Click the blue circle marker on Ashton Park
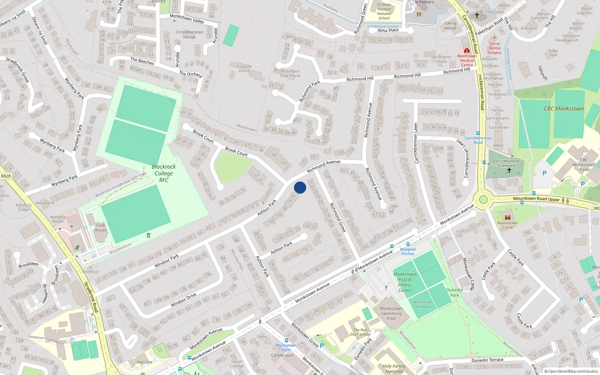pyautogui.click(x=300, y=187)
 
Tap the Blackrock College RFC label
pyautogui.click(x=163, y=173)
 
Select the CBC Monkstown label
pyautogui.click(x=564, y=109)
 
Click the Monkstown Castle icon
pyautogui.click(x=508, y=217)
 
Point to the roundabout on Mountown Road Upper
pyautogui.click(x=483, y=199)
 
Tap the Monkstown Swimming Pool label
pyautogui.click(x=391, y=313)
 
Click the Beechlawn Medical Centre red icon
pyautogui.click(x=466, y=50)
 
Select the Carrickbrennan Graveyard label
pyautogui.click(x=506, y=163)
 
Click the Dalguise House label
pyautogui.click(x=244, y=68)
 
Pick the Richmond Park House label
pyautogui.click(x=290, y=73)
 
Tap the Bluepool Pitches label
pyautogui.click(x=408, y=251)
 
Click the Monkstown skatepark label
pyautogui.click(x=422, y=304)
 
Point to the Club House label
pyautogui.click(x=100, y=228)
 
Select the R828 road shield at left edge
pyautogui.click(x=6, y=176)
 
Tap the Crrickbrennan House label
pyautogui.click(x=189, y=34)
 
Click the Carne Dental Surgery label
pyautogui.click(x=494, y=48)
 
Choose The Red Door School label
pyautogui.click(x=360, y=332)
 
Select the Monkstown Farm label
pyautogui.click(x=286, y=348)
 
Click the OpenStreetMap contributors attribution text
pyautogui.click(x=571, y=372)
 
